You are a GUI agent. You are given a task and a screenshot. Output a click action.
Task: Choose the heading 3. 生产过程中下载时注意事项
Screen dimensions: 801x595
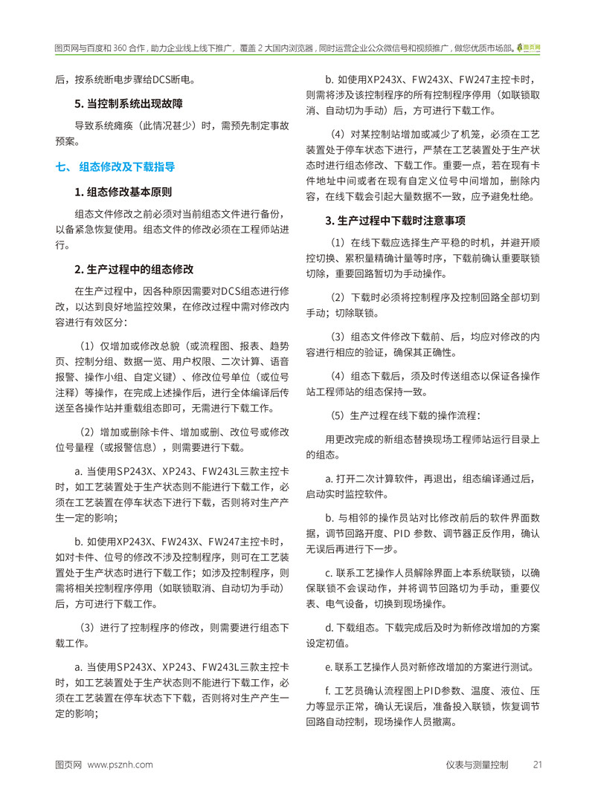396,221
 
